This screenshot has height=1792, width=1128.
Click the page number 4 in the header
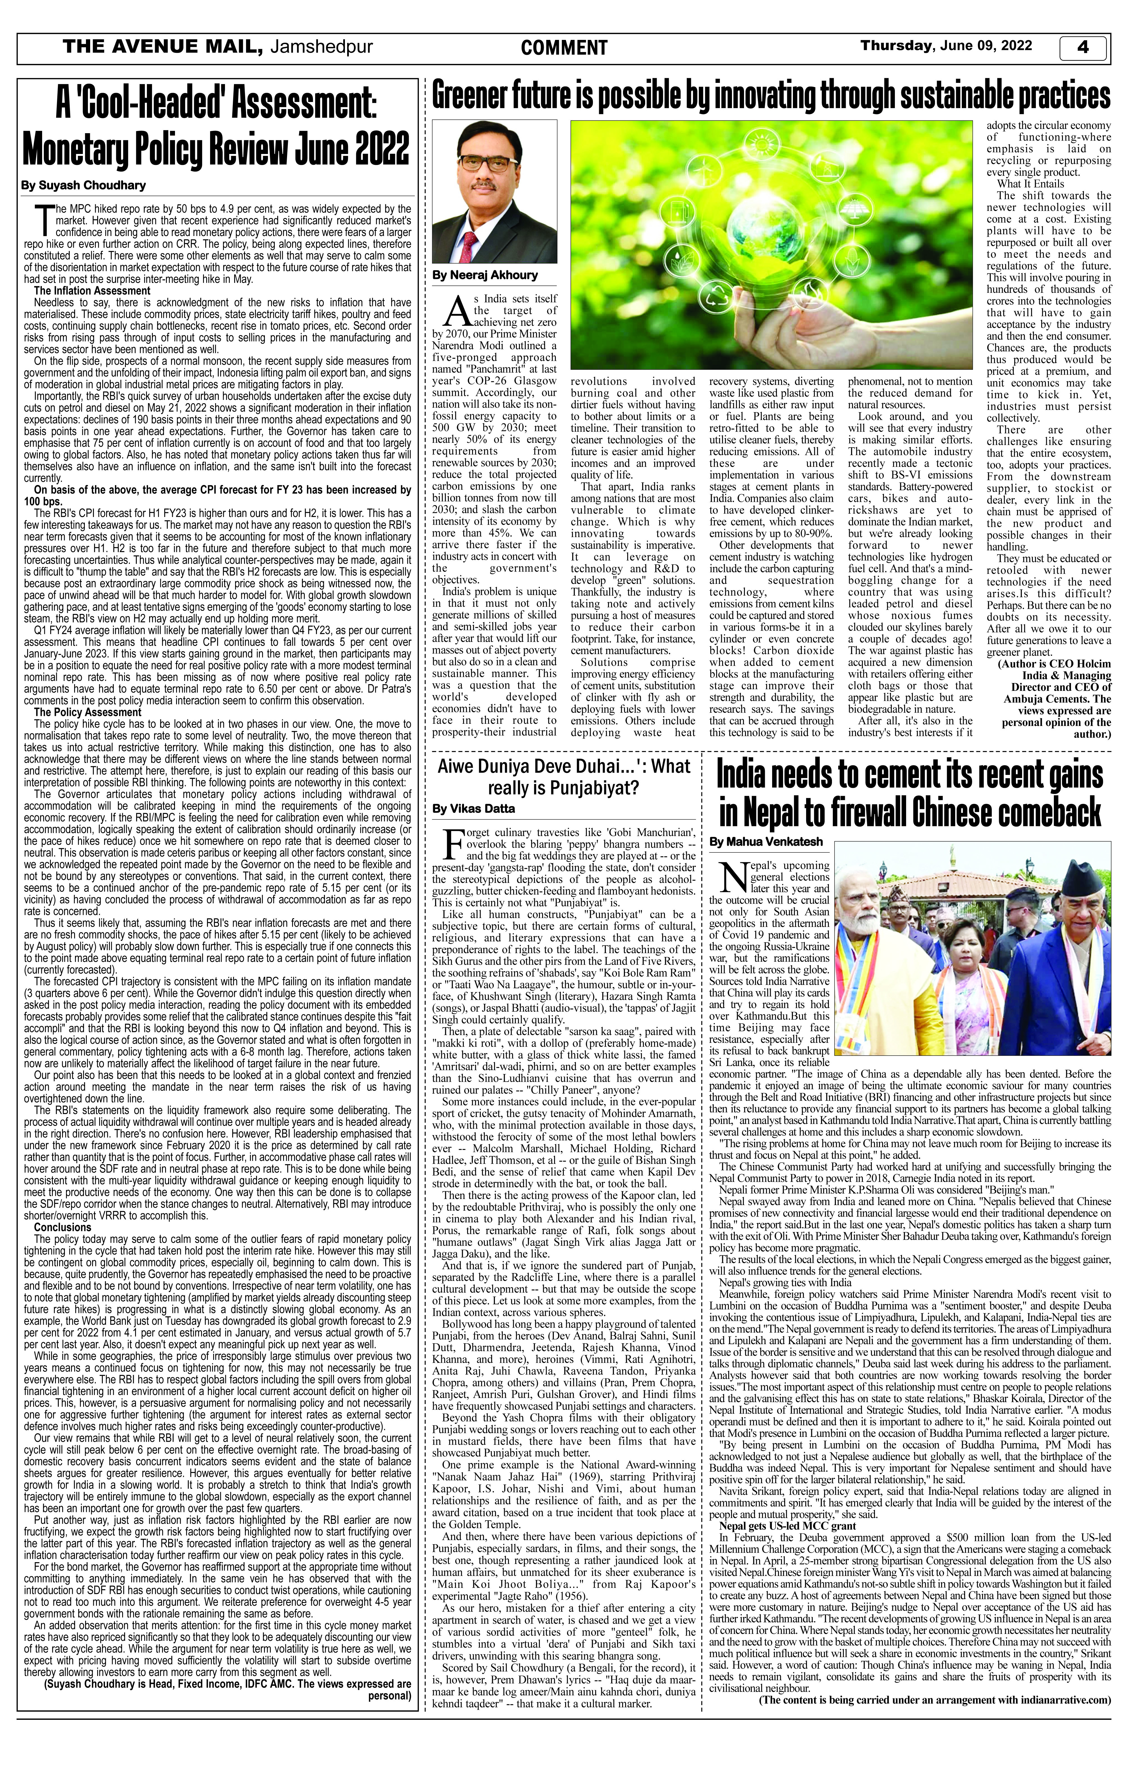(x=1082, y=48)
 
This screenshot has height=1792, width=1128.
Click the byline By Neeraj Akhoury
(x=485, y=275)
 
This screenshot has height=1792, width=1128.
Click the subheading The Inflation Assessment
(x=92, y=290)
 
